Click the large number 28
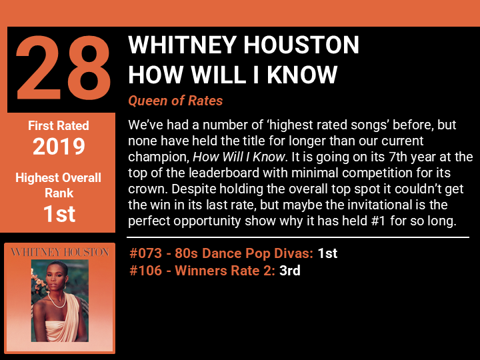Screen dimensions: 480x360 click(63, 68)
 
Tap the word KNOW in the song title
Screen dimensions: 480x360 click(302, 75)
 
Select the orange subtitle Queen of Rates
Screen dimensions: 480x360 click(175, 101)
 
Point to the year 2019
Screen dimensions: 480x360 click(59, 146)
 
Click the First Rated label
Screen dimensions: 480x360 click(59, 125)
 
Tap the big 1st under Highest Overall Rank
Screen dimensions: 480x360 click(59, 214)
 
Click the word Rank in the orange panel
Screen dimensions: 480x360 click(59, 193)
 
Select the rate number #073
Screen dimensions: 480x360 click(145, 253)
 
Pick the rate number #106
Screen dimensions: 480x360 click(145, 271)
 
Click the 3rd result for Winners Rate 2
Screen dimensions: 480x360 click(289, 271)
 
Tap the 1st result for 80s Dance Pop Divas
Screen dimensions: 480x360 click(327, 253)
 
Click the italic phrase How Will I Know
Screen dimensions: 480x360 click(239, 157)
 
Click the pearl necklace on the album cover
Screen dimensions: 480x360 click(57, 301)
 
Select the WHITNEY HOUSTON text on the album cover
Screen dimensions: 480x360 click(60, 252)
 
